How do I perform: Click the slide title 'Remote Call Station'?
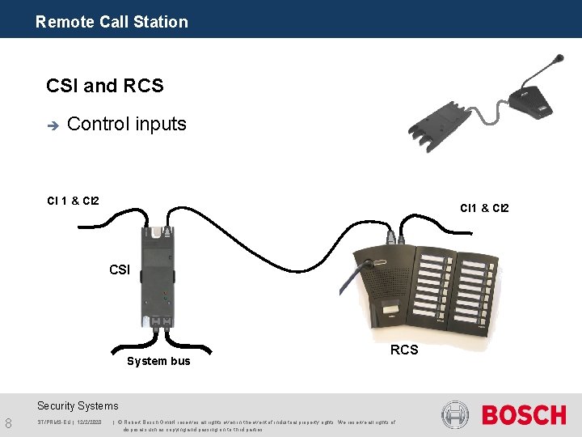click(x=112, y=22)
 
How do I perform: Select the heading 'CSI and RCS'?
click(x=105, y=85)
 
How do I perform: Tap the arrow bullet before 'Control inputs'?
click(x=53, y=125)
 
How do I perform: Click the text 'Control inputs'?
click(x=127, y=124)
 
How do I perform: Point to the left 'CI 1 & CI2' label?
click(x=73, y=200)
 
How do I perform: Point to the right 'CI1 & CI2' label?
click(x=484, y=208)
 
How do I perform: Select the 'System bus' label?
click(x=158, y=361)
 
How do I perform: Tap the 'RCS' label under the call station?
click(x=404, y=350)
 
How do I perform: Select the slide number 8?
click(x=8, y=422)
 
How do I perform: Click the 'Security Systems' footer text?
click(x=78, y=406)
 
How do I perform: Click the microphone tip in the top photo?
click(x=558, y=57)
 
